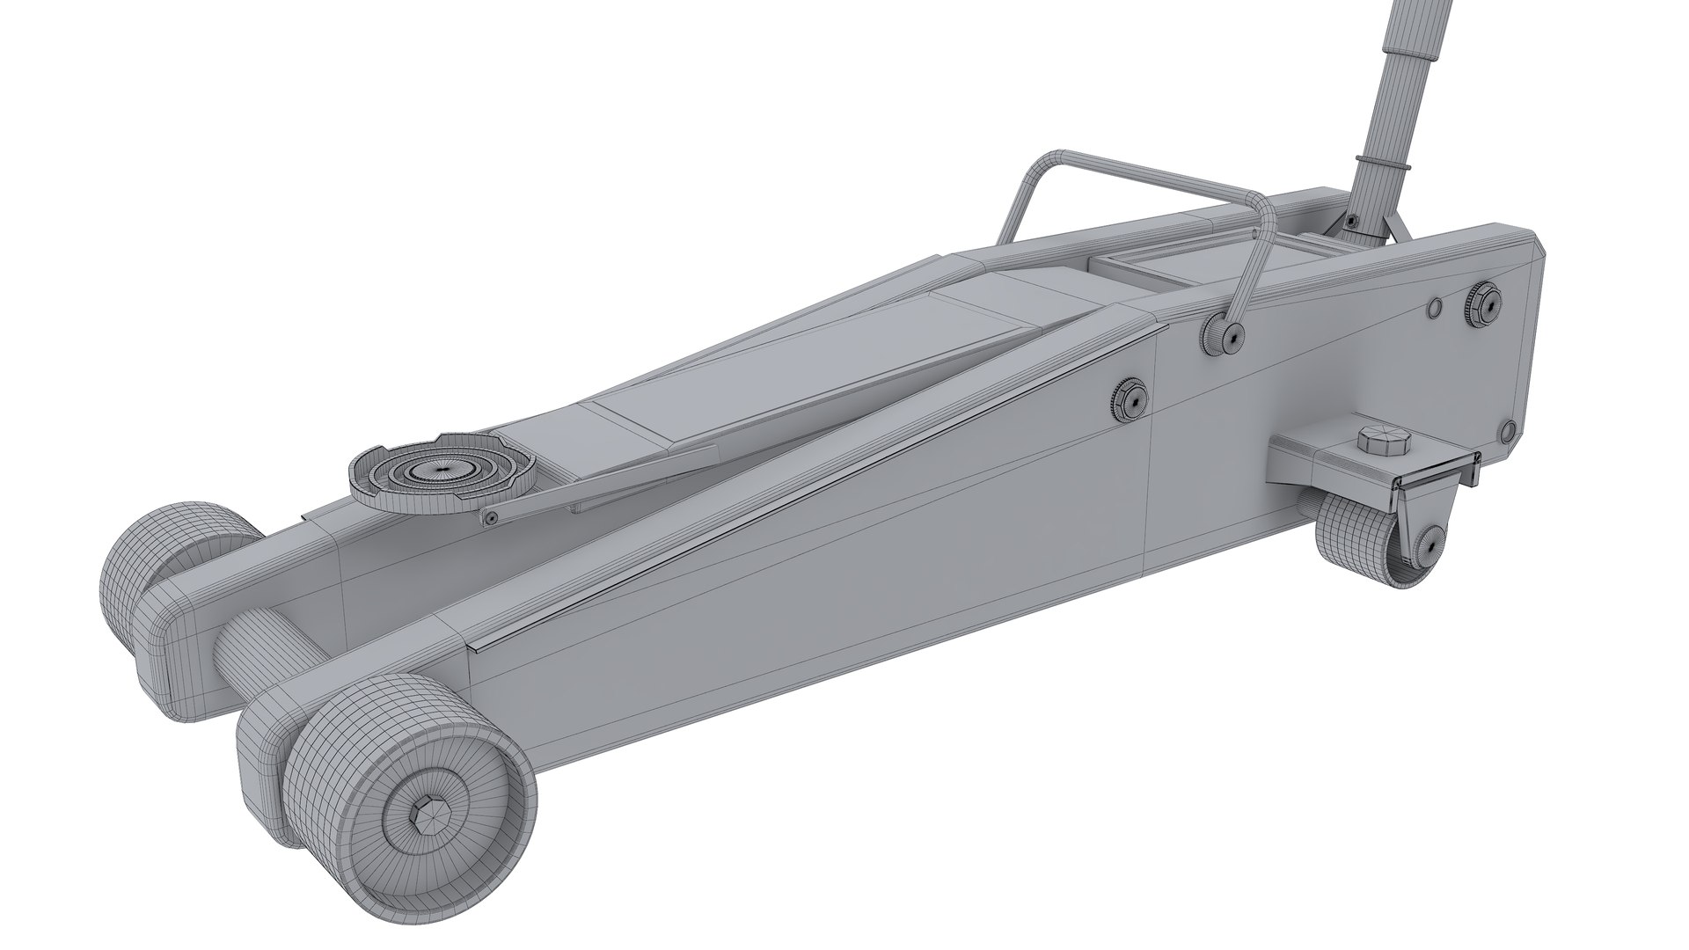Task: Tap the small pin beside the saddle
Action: pos(490,519)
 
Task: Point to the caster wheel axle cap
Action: pos(1427,544)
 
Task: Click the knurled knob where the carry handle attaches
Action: pos(1221,336)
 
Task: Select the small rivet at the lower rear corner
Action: pos(1506,430)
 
